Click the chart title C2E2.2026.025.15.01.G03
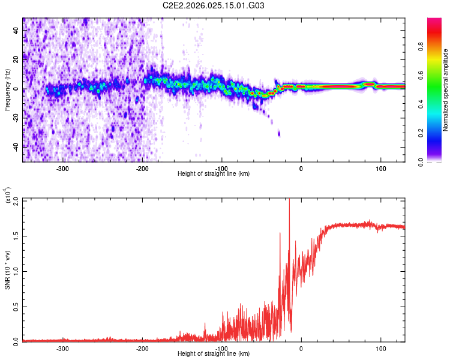click(214, 5)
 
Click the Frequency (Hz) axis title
click(7, 89)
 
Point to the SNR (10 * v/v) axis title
click(7, 269)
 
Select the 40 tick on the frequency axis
click(17, 29)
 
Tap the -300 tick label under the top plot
click(62, 168)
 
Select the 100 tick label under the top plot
click(380, 168)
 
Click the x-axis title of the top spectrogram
click(214, 174)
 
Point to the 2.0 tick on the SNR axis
click(16, 199)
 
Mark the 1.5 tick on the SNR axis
click(16, 235)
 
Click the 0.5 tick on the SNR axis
click(16, 305)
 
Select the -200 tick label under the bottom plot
click(142, 348)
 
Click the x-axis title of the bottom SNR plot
click(214, 354)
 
